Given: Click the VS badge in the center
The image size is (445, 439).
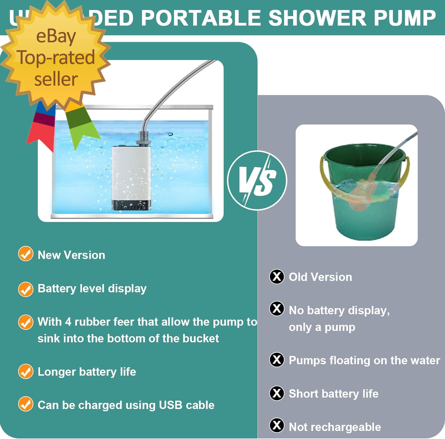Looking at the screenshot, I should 257,181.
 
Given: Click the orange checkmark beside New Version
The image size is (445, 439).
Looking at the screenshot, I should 26,254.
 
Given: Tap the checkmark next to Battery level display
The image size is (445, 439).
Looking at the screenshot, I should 26,289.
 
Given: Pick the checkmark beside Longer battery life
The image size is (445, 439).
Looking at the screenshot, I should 26,371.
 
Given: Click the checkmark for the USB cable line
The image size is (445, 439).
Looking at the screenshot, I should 26,404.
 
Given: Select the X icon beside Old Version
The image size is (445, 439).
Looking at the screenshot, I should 276,277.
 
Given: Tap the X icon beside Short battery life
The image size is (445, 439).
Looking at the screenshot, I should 276,393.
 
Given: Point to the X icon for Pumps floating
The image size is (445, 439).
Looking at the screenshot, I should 276,360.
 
